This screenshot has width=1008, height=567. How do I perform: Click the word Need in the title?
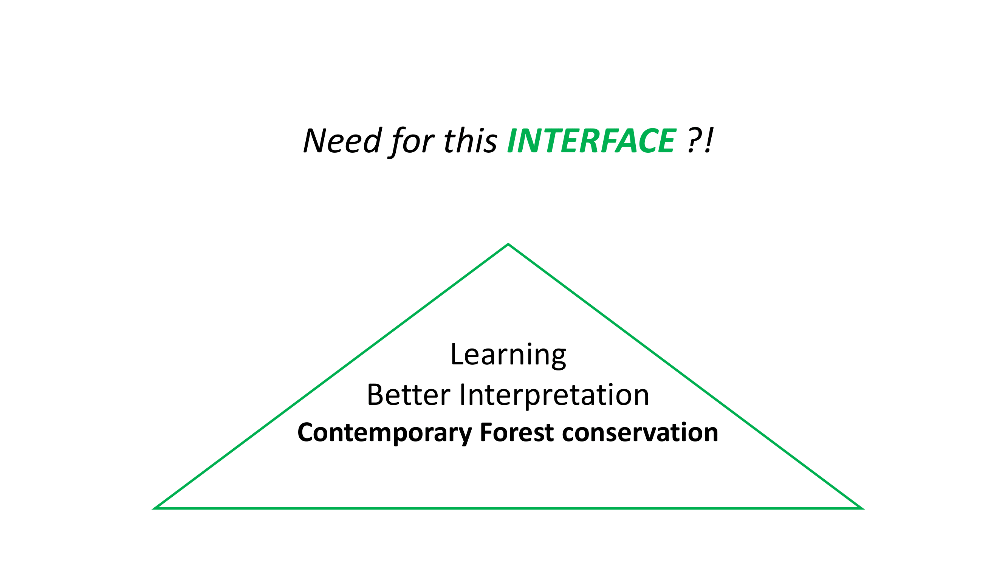tap(342, 141)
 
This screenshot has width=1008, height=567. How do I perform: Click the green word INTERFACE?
tap(591, 141)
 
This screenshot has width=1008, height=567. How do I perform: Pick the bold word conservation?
tap(640, 433)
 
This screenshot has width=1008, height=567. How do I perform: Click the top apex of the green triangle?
tap(508, 244)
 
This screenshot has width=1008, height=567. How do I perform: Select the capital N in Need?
tap(315, 141)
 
